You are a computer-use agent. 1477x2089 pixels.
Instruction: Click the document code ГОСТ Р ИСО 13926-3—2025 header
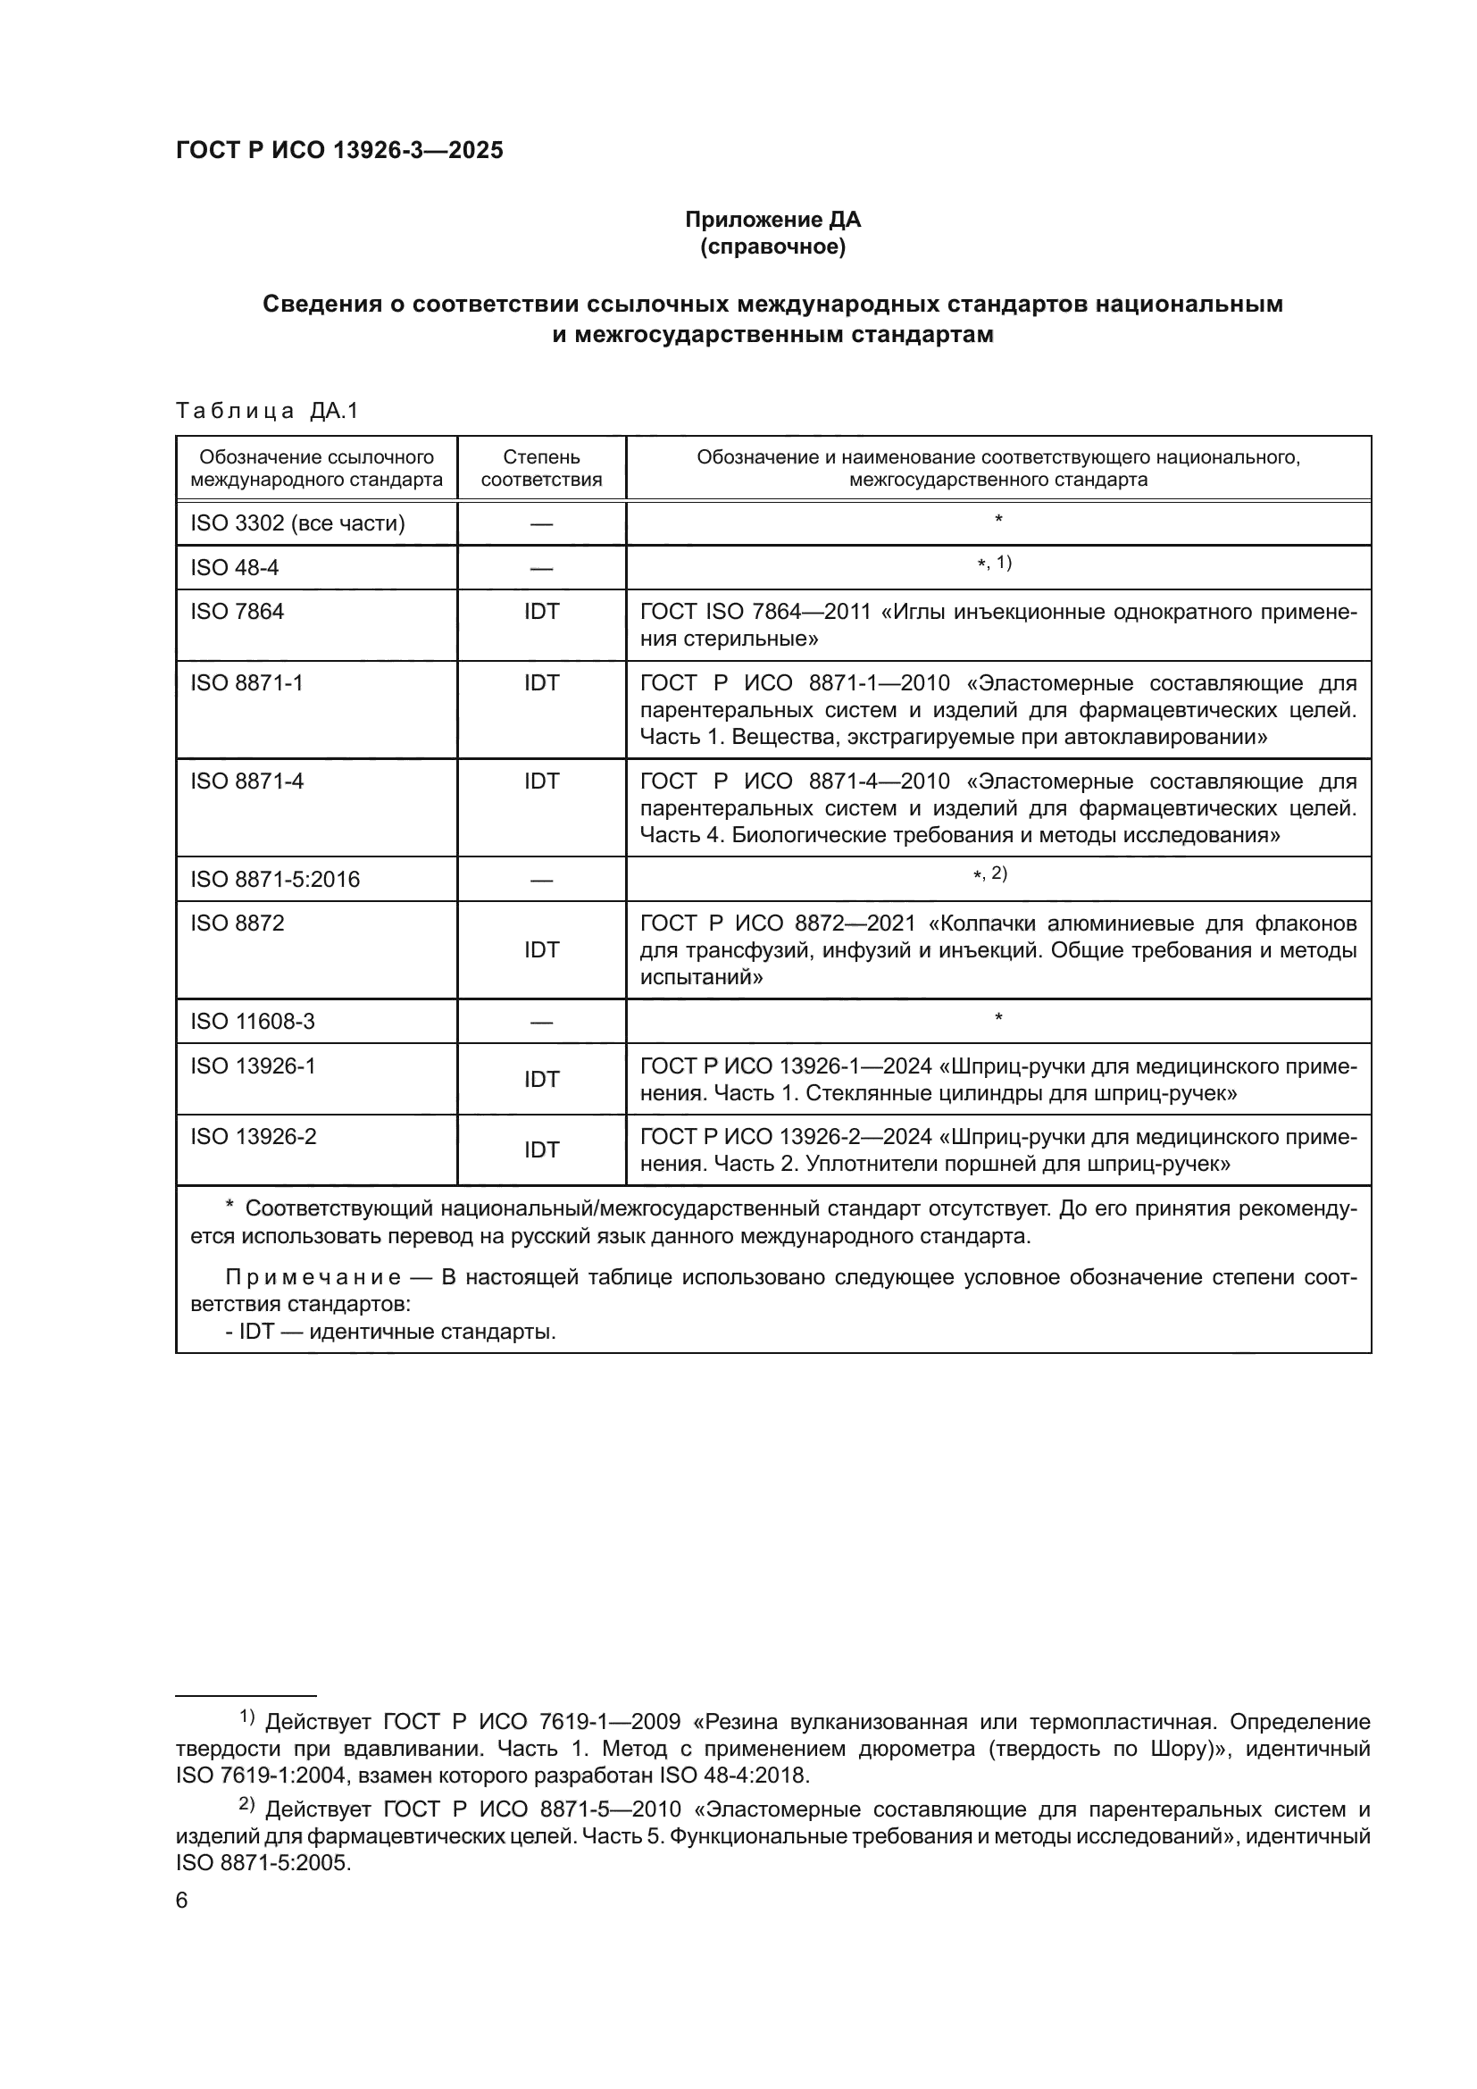[338, 151]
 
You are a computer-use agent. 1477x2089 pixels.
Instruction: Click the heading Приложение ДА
[772, 220]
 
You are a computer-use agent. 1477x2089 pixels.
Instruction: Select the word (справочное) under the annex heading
[772, 247]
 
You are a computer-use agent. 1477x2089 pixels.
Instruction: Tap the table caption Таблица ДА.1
[266, 411]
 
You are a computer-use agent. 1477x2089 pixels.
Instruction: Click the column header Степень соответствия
[541, 468]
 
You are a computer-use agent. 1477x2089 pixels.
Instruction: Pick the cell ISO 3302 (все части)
[297, 523]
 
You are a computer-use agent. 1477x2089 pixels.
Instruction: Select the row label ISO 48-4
[235, 568]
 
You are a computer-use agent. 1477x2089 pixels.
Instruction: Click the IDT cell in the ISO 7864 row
[541, 612]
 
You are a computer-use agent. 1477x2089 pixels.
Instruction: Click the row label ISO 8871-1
[246, 682]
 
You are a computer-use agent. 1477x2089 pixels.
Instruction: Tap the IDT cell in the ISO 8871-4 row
[541, 781]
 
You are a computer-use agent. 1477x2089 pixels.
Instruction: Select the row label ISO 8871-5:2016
[275, 879]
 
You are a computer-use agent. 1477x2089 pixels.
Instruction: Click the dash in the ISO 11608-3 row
[541, 1022]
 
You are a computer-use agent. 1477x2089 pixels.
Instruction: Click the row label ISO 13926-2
[253, 1136]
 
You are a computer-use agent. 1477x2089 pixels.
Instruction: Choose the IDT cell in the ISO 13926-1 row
[541, 1079]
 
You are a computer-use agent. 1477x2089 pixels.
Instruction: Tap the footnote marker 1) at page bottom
[246, 1717]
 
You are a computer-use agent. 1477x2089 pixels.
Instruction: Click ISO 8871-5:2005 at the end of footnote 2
[263, 1862]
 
